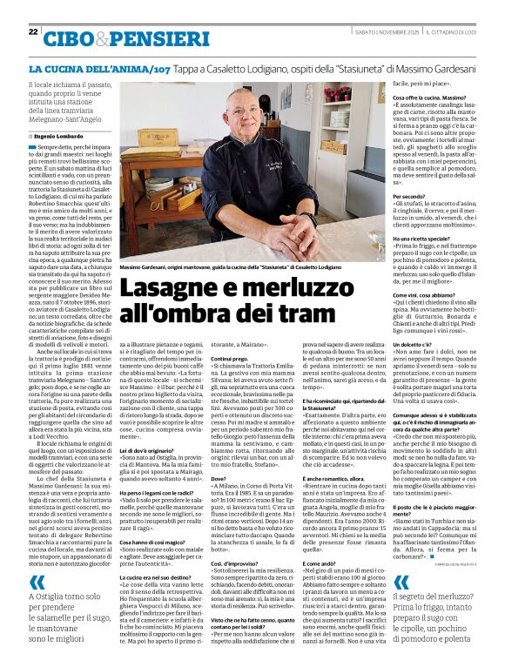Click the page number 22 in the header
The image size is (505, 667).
pyautogui.click(x=33, y=31)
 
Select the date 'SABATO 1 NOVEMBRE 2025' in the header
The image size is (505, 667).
pyautogui.click(x=380, y=31)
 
